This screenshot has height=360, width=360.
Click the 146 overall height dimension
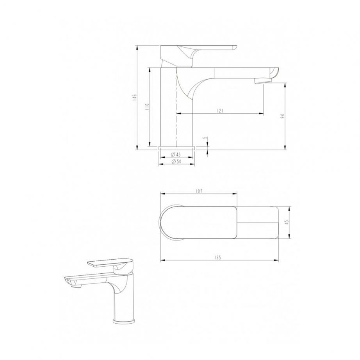click(135, 97)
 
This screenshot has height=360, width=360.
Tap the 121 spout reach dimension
click(220, 111)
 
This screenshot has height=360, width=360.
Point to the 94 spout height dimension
click(283, 116)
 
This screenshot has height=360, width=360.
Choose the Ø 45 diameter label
click(176, 154)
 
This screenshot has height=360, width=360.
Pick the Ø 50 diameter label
click(176, 161)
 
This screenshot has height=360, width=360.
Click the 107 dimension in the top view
click(199, 191)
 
